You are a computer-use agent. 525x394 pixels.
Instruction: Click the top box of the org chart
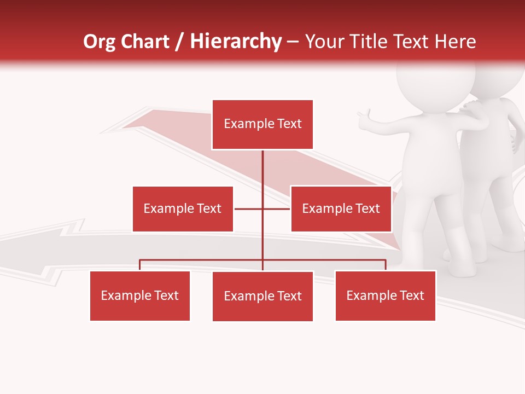click(x=262, y=124)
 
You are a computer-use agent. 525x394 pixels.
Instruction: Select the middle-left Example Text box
click(x=183, y=208)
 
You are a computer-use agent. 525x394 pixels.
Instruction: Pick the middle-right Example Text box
click(x=341, y=208)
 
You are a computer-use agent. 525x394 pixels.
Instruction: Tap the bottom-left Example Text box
click(x=140, y=296)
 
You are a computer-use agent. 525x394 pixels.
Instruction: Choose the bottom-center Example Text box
click(x=262, y=296)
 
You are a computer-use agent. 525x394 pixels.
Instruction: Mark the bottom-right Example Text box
click(x=385, y=296)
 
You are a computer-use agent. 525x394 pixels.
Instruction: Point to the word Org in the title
click(x=100, y=42)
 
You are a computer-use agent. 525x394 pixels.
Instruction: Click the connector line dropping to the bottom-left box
click(x=140, y=265)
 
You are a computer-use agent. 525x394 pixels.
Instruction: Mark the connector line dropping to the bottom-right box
click(x=386, y=265)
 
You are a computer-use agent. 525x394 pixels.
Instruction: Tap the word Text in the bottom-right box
click(x=412, y=296)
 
